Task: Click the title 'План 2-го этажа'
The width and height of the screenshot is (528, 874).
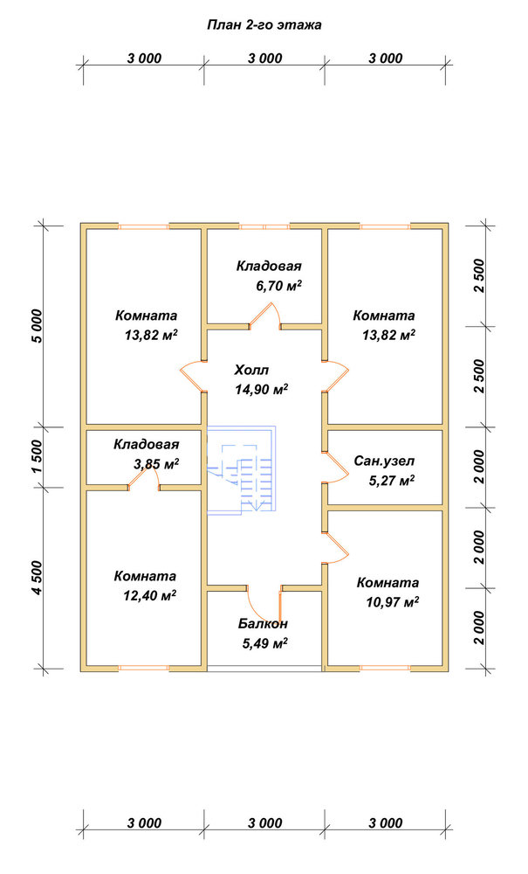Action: point(264,25)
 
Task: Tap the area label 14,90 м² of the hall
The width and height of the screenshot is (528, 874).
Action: point(262,389)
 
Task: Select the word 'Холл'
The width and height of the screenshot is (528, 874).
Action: point(251,370)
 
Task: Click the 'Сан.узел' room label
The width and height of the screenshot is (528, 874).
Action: point(385,461)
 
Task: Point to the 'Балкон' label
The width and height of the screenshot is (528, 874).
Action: point(264,624)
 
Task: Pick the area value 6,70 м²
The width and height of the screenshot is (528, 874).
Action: point(278,286)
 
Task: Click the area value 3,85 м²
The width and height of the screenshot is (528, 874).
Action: point(156,464)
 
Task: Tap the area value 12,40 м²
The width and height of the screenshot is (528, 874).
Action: point(150,596)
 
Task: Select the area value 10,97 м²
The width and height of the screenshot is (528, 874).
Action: point(393,602)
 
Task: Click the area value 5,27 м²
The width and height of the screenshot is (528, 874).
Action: point(392,481)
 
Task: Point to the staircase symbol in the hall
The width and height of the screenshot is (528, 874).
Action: point(243,468)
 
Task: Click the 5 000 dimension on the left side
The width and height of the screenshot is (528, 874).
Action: point(38,325)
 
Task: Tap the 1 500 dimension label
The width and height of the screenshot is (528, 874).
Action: point(38,457)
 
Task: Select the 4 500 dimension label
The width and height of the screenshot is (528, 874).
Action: point(38,578)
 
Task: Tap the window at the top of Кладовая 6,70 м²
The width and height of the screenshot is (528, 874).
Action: point(264,226)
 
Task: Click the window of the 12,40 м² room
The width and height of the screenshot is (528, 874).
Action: point(143,667)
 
